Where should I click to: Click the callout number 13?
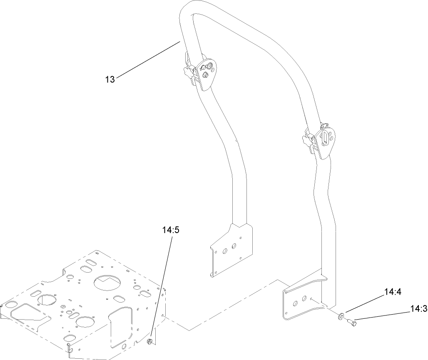tap(109, 79)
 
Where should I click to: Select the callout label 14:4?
tap(393, 292)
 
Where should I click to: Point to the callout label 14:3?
tap(418, 309)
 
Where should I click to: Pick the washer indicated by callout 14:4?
tap(341, 318)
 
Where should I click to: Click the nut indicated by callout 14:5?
tap(149, 342)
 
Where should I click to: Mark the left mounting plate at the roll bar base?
tap(231, 250)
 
